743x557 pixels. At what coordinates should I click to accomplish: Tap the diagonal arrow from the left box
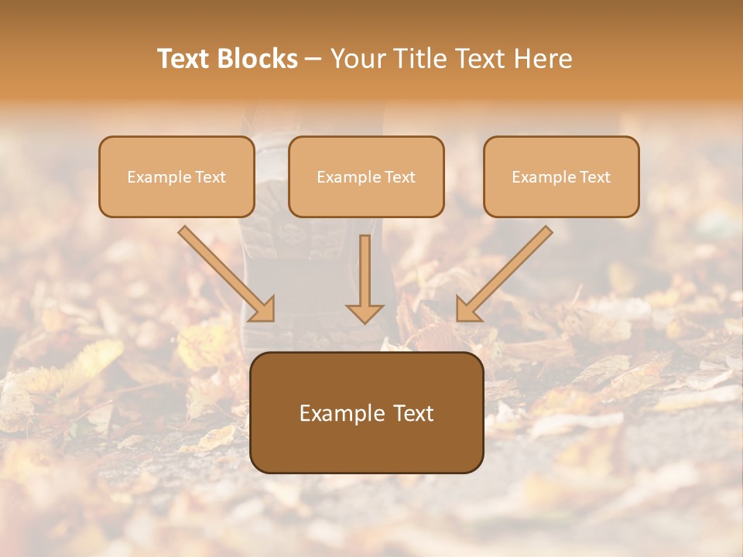coord(224,272)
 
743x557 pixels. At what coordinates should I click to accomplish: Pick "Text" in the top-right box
coord(594,177)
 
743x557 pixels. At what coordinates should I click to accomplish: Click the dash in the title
coord(314,60)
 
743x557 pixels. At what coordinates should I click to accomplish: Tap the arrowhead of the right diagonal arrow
coord(468,309)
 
